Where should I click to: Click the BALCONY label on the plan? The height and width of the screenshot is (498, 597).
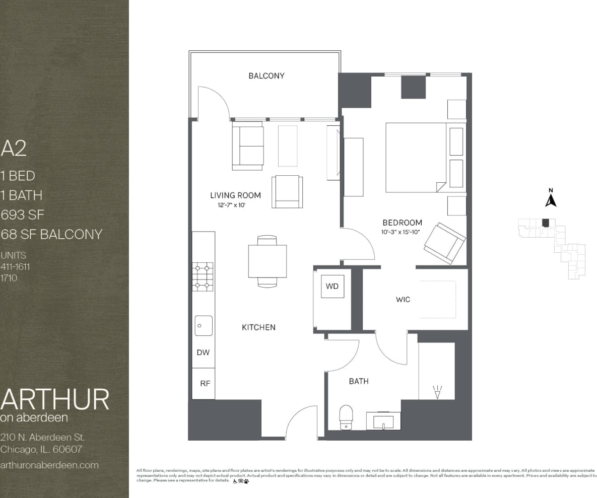(266, 76)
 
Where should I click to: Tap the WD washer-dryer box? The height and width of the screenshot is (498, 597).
(332, 287)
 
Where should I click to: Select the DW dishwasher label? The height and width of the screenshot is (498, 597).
(203, 352)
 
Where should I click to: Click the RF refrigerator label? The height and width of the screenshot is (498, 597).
(205, 383)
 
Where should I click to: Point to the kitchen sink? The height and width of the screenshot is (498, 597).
(204, 325)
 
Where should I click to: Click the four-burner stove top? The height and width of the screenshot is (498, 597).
(204, 276)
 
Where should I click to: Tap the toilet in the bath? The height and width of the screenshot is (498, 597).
(346, 417)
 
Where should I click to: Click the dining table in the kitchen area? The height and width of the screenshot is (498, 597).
(267, 261)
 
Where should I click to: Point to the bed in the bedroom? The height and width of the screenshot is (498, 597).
(416, 158)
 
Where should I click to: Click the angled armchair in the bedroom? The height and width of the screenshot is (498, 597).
(444, 243)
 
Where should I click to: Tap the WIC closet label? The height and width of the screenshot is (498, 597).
(403, 300)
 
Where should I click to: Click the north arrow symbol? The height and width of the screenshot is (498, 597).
(551, 198)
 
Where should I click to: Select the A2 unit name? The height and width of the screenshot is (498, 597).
(14, 149)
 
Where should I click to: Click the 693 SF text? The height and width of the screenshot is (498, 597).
(23, 215)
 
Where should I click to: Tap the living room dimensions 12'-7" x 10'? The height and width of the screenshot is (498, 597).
(231, 205)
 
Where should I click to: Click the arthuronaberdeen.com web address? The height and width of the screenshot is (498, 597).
(49, 465)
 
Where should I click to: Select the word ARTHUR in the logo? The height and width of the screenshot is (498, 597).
(54, 399)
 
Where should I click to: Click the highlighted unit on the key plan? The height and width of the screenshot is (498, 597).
(545, 223)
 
